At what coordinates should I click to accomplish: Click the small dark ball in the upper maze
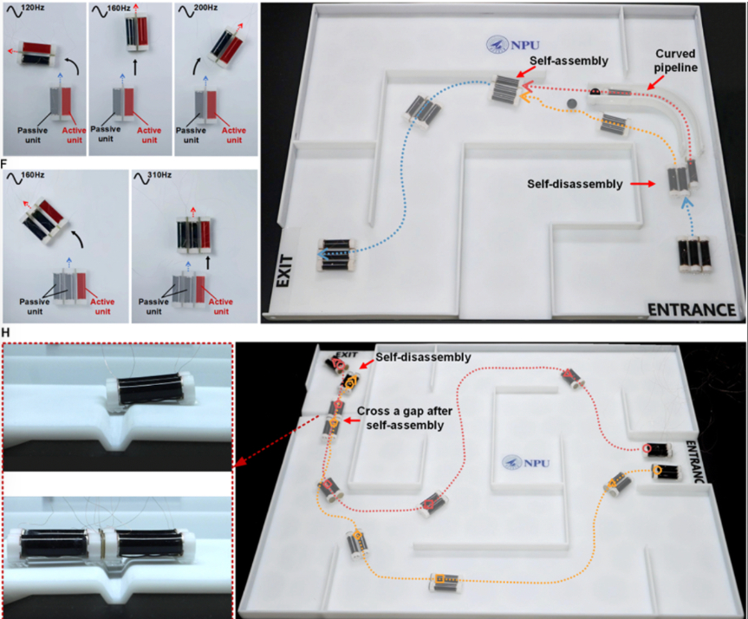pos(571,104)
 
